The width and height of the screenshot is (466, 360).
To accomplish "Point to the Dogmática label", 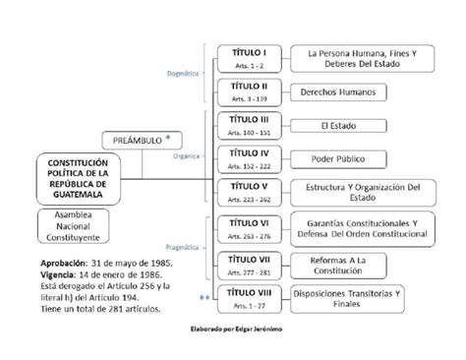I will pos(179,73).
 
